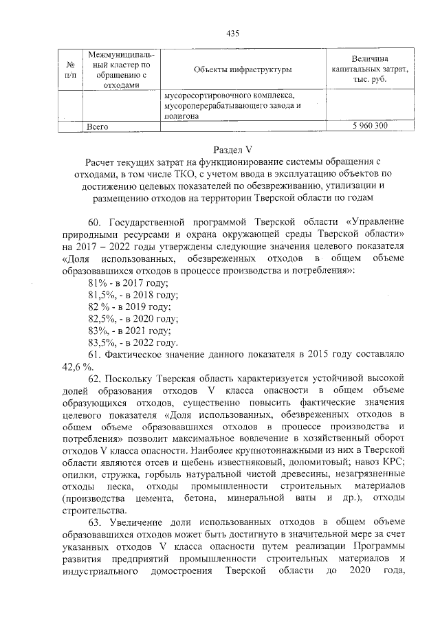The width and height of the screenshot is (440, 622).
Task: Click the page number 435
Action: tap(232, 34)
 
